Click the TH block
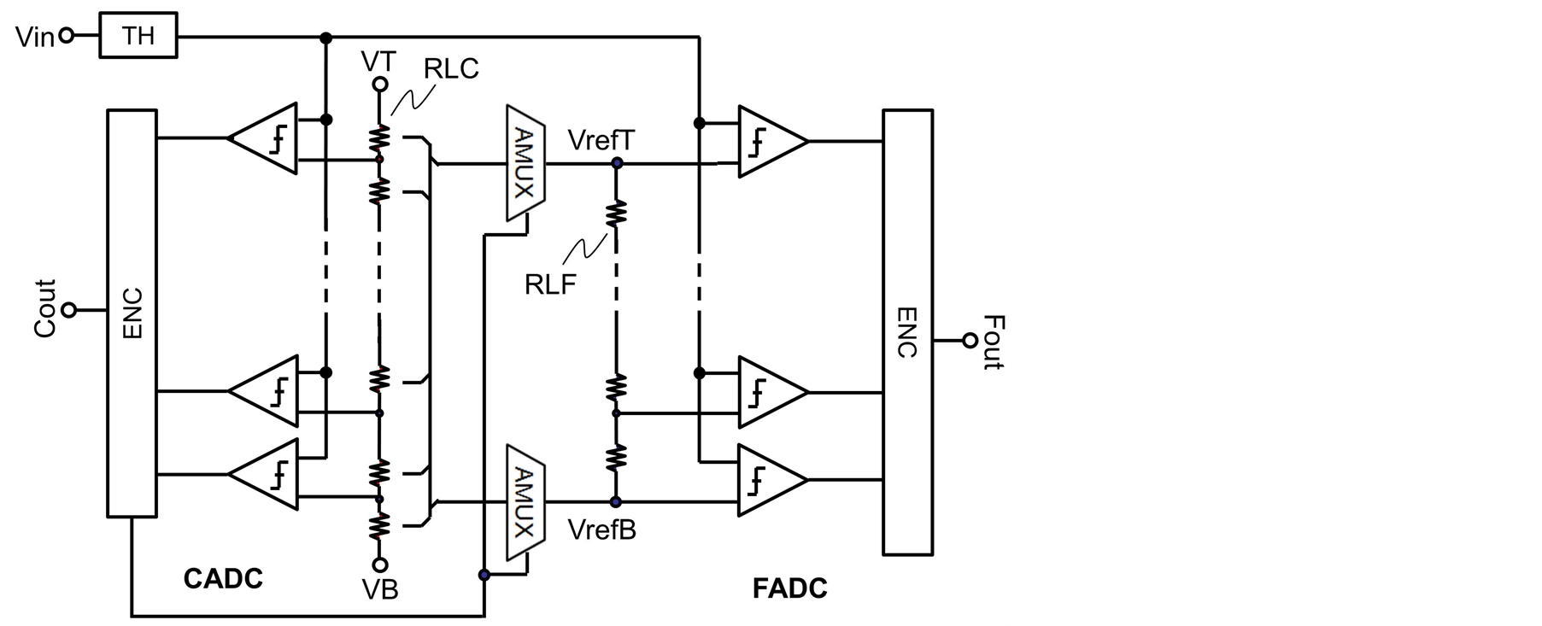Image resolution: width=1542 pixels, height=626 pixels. pos(138,36)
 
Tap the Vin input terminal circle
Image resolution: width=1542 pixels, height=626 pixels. pos(67,36)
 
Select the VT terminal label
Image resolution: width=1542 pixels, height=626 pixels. pos(378,61)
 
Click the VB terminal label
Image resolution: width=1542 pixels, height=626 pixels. pos(380,589)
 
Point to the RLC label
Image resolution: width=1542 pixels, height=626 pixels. pos(451,68)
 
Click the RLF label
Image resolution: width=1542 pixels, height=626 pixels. pos(550,284)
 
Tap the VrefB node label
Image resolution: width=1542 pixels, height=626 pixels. pos(602,530)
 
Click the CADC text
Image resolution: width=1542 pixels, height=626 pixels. pos(223,579)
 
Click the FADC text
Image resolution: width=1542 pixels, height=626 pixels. pos(789,588)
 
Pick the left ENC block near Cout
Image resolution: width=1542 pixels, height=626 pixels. pos(132,313)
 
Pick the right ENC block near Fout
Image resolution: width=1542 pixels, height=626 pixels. pos(908,331)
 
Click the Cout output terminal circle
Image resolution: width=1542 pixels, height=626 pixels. pos(69,310)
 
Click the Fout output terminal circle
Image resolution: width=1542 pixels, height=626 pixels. pos(969,341)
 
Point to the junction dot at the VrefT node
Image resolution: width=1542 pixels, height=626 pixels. pos(616,162)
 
